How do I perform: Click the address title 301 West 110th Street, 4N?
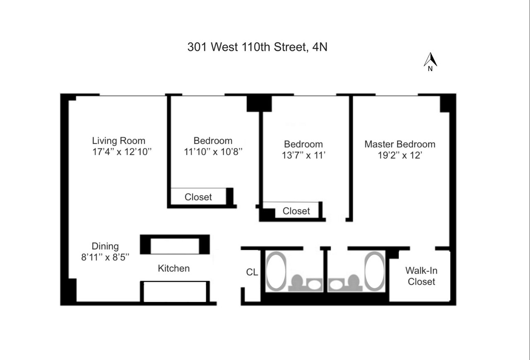pos(257,47)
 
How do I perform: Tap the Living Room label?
pos(118,140)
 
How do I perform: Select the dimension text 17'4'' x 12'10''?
pos(122,151)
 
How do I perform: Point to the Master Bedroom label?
pos(400,144)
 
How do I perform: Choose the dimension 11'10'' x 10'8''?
pos(213,151)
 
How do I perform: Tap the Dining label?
pos(105,246)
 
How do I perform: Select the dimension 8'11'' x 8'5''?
pos(105,257)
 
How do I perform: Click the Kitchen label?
pos(173,268)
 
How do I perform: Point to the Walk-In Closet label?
pos(421,276)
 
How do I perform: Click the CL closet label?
pos(252,272)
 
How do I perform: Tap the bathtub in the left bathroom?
pos(276,271)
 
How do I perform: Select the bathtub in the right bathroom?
pos(375,271)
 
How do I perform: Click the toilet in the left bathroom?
pos(297,282)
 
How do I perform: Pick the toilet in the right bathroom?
pos(353,282)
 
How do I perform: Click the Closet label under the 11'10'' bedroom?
pos(198,197)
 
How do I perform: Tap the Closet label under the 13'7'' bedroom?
pos(296,211)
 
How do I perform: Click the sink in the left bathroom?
pos(315,283)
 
